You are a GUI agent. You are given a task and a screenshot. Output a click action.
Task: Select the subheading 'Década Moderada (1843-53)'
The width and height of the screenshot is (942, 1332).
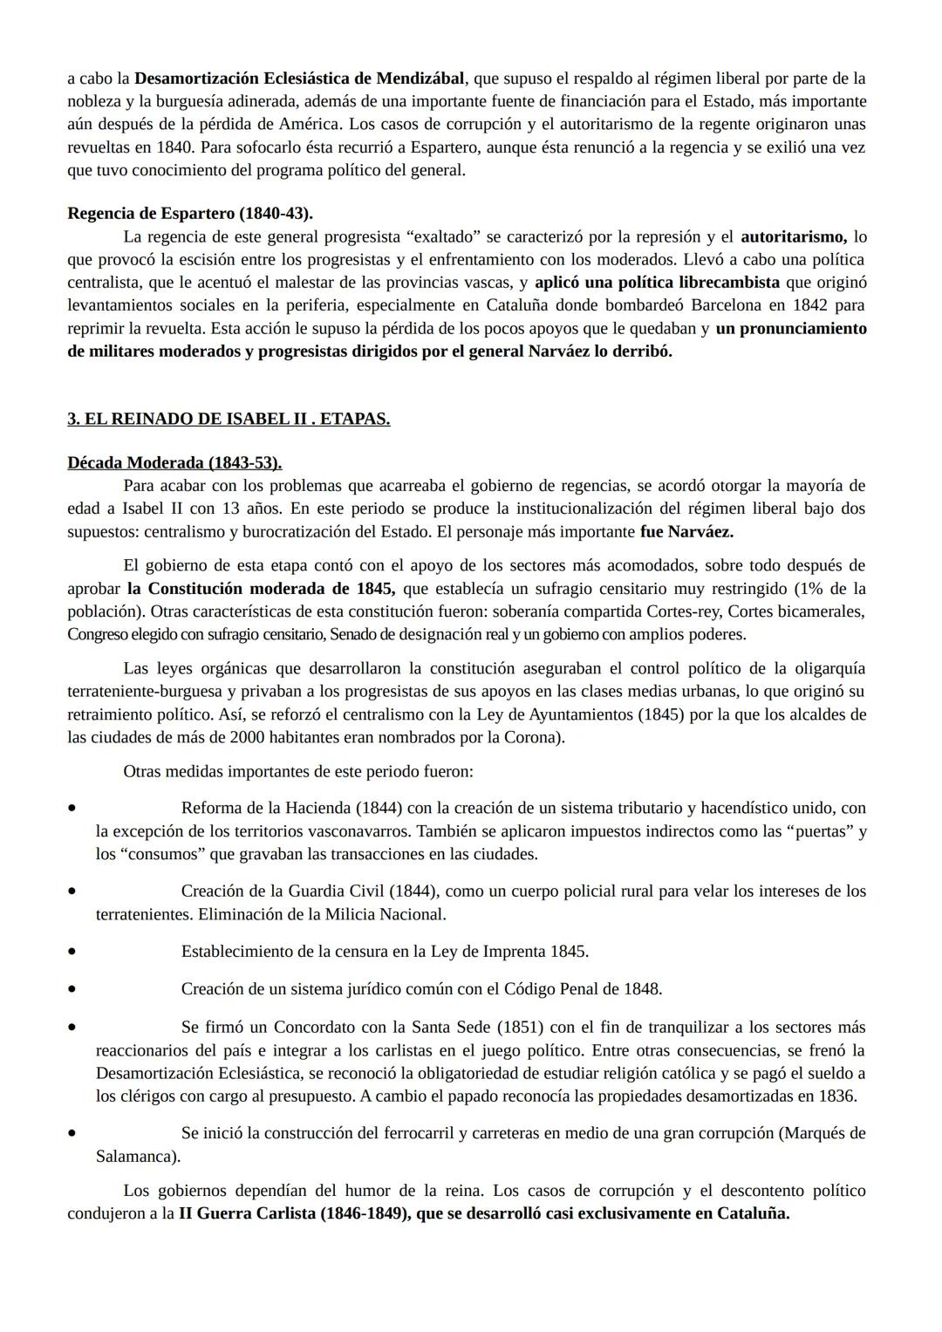[174, 462]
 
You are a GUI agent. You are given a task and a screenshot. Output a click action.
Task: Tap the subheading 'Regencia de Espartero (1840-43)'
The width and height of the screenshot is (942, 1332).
[190, 213]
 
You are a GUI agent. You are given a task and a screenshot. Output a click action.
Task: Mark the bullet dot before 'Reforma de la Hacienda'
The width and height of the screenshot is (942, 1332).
[72, 809]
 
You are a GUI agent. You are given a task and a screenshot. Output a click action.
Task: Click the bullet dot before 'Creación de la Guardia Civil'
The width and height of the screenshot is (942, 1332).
[72, 891]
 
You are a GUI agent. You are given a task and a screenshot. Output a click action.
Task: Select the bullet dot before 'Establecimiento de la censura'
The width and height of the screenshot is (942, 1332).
[72, 952]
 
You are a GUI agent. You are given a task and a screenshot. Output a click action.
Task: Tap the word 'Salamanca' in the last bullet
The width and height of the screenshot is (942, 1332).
[134, 1157]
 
